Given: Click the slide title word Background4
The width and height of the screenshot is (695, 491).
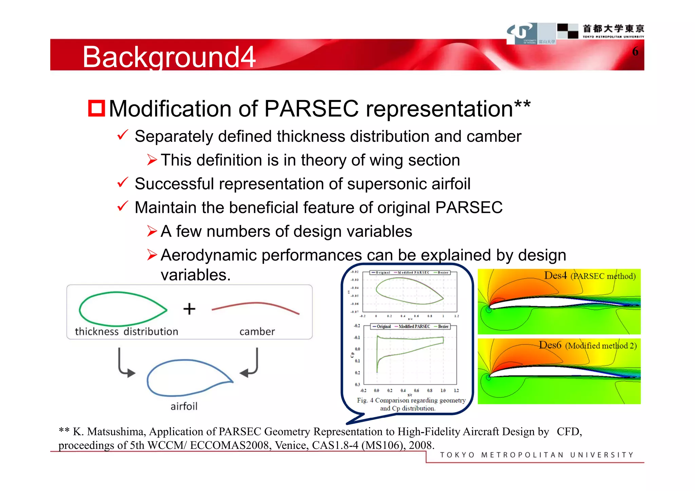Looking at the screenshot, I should click(x=169, y=57).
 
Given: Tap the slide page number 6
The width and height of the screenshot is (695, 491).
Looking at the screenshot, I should click(x=635, y=52).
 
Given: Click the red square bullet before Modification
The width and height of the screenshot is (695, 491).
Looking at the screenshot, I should click(x=96, y=109).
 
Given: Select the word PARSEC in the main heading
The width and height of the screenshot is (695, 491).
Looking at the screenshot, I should click(x=311, y=109).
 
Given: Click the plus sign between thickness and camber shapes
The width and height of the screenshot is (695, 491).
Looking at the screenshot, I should click(x=189, y=309).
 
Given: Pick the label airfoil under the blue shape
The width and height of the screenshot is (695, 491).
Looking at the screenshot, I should click(x=184, y=406).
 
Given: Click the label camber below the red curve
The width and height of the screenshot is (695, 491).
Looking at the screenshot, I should click(x=257, y=331).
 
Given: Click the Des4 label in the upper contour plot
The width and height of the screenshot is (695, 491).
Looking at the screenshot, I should click(x=556, y=275).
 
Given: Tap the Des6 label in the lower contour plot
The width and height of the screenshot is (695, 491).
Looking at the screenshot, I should click(x=550, y=345).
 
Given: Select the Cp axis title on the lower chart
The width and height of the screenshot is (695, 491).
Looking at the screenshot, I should click(x=352, y=355).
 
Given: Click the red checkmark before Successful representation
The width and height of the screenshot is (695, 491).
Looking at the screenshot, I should click(x=122, y=183).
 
